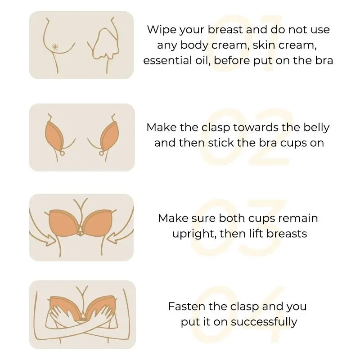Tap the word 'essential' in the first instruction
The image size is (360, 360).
(165, 61)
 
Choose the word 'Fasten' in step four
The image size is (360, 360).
(184, 306)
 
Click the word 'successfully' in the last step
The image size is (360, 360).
(264, 322)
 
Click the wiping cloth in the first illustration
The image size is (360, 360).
(106, 44)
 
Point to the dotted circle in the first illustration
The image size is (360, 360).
(54, 47)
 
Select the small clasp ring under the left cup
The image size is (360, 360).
(62, 153)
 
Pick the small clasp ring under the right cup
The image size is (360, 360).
(101, 153)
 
